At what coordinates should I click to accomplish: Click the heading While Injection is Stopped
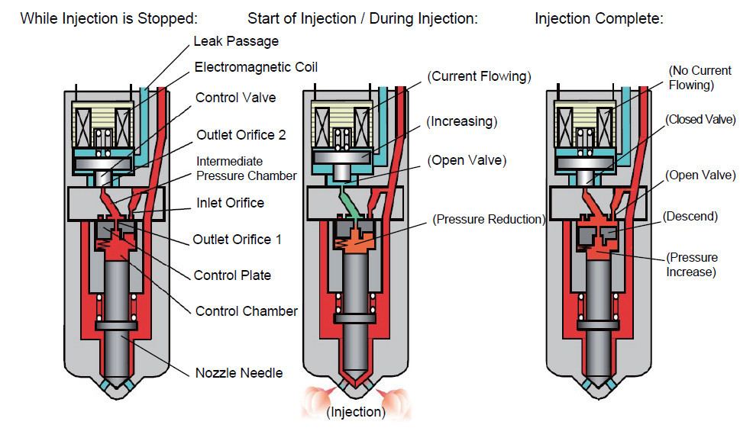[108, 18]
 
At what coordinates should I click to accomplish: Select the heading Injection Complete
[599, 18]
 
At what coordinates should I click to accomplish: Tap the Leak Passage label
[235, 40]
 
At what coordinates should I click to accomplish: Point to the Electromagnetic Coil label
[256, 67]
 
